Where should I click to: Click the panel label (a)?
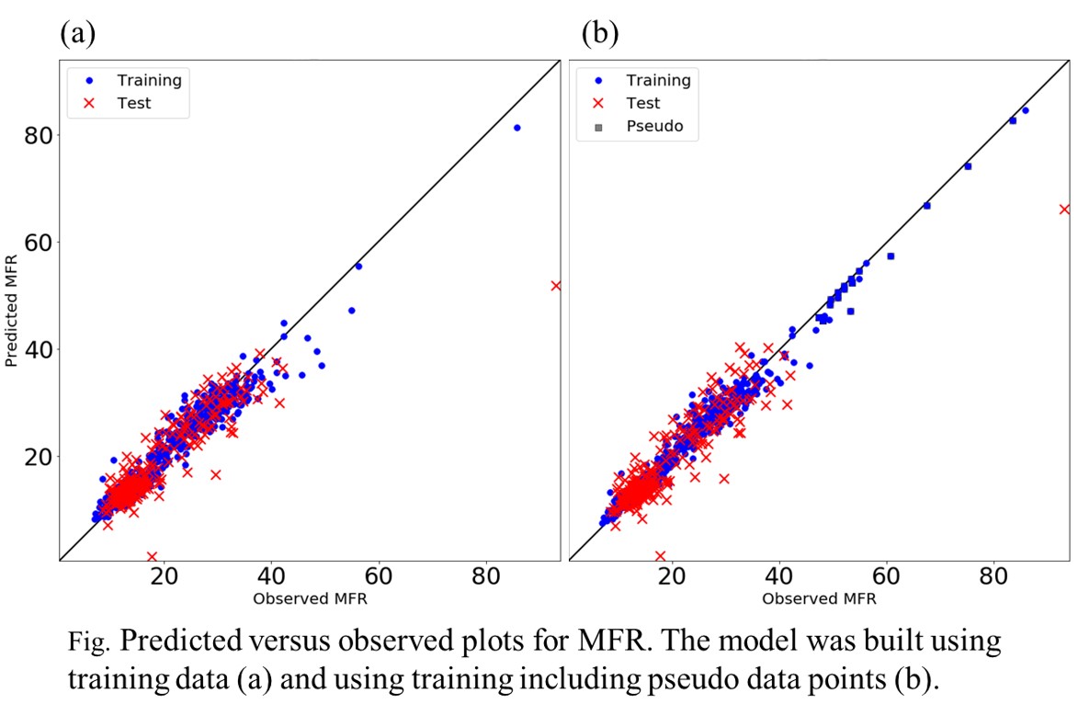[78, 34]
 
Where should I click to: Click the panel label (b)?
[600, 34]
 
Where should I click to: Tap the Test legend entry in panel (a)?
[134, 103]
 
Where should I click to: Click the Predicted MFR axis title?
[12, 313]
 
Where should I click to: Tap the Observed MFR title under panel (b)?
[819, 598]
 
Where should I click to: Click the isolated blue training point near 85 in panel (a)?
[516, 128]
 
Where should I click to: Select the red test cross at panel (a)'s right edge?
[556, 286]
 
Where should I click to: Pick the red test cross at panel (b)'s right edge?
[1064, 210]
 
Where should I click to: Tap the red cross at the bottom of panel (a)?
[152, 556]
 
